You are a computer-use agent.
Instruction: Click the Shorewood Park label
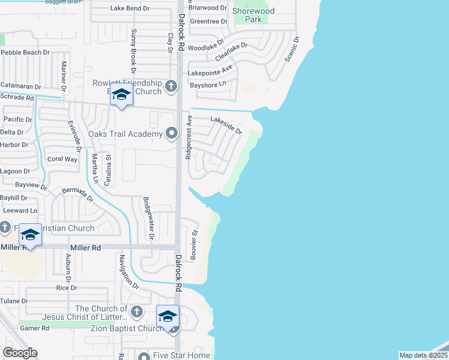point(253,15)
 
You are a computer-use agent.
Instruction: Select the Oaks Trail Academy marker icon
point(172,133)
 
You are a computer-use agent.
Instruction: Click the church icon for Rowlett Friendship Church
point(171,86)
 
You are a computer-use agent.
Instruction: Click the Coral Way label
point(62,159)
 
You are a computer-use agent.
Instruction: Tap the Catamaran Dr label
point(20,87)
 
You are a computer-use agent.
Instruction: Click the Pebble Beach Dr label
point(25,53)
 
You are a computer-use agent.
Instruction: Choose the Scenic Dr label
point(294,49)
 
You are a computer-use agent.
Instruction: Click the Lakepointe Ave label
point(210,73)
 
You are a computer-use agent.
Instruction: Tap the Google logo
point(20,353)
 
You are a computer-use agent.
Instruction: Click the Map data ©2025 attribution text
point(423,355)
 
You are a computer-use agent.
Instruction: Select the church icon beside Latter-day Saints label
point(137,312)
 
